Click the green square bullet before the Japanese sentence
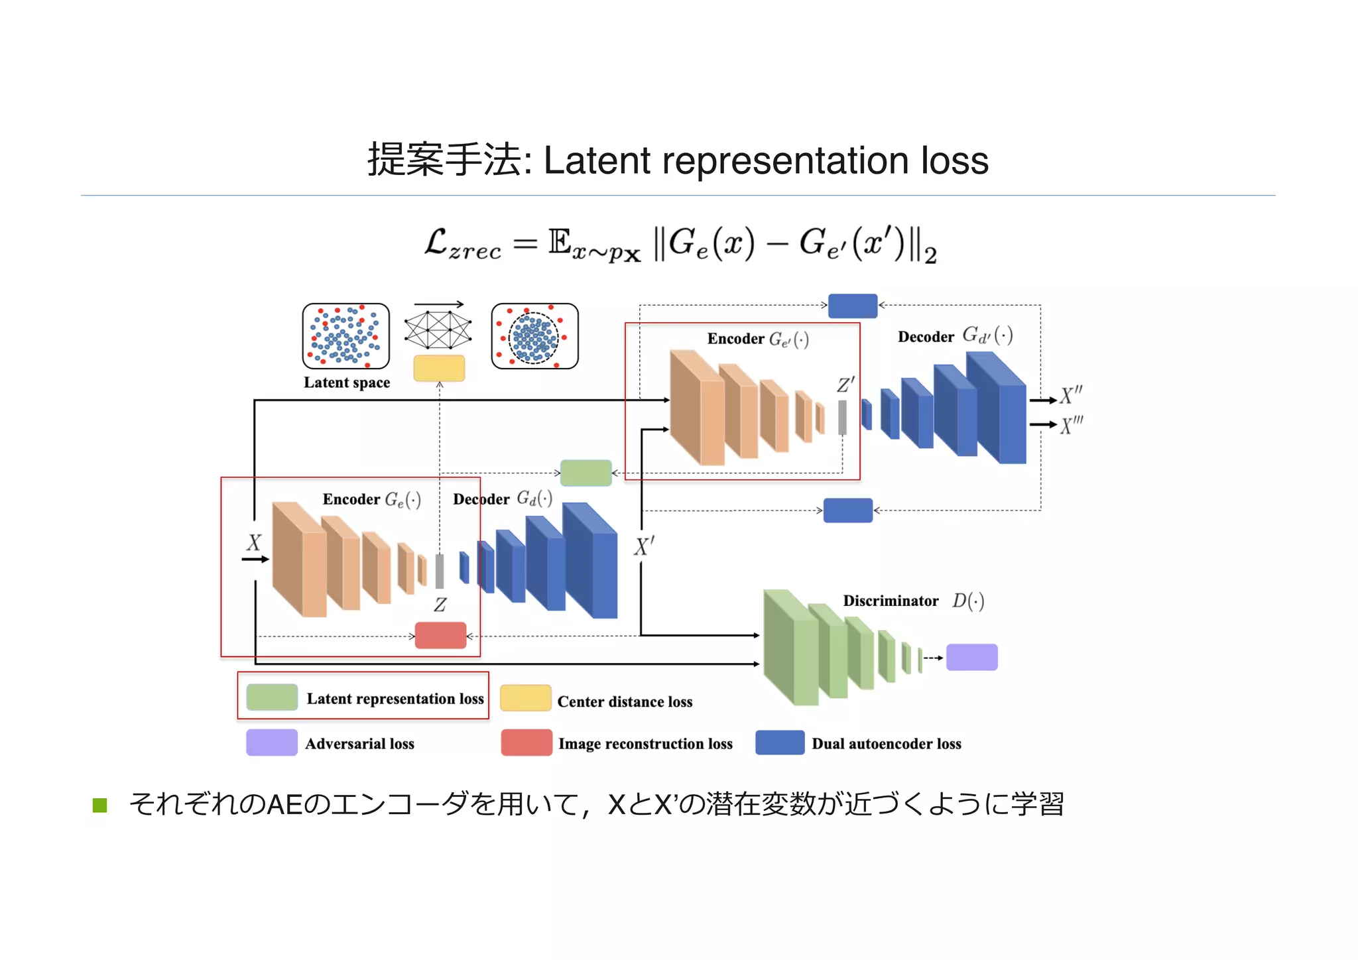100,806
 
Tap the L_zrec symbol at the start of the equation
462,244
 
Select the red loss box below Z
441,635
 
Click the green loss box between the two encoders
586,473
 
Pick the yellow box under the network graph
439,368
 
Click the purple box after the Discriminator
971,657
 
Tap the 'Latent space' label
347,383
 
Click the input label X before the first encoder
254,543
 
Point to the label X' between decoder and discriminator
644,547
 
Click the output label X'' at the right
1070,396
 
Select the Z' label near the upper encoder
845,385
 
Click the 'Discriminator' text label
891,601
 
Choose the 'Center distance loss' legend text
625,701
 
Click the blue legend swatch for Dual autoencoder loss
780,743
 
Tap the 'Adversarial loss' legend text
359,744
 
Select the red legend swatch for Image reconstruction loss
526,743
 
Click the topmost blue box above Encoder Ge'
853,306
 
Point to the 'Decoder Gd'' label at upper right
954,336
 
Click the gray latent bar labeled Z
439,571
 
